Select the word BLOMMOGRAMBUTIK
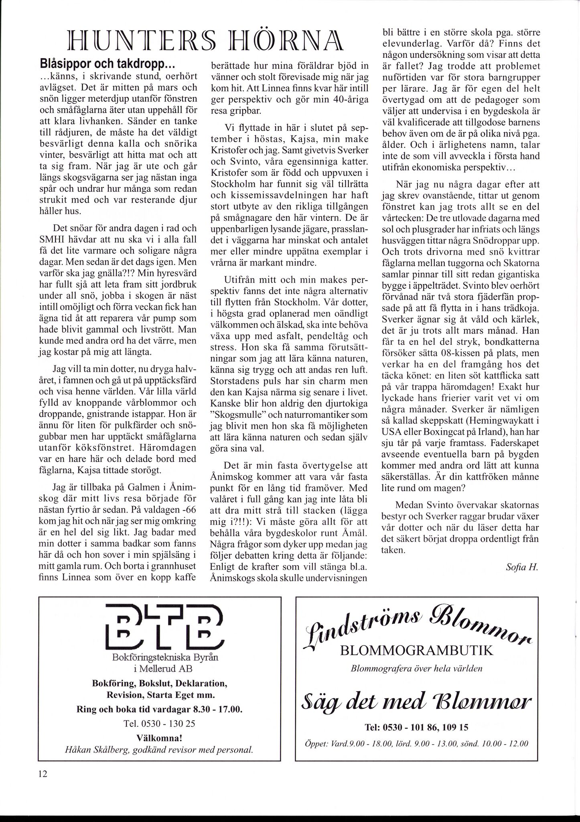coord(416,651)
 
